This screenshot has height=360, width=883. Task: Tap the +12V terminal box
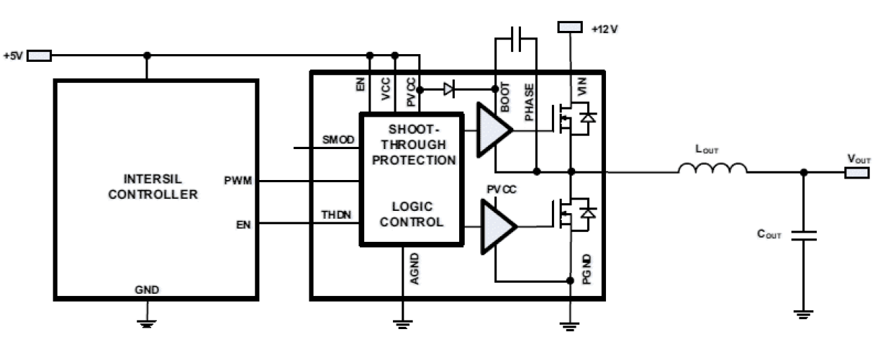point(569,27)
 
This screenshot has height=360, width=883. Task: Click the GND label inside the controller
point(147,289)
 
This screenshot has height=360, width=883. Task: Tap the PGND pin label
point(587,271)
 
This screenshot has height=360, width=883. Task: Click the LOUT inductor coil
point(712,169)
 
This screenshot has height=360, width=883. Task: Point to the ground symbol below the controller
point(147,320)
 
